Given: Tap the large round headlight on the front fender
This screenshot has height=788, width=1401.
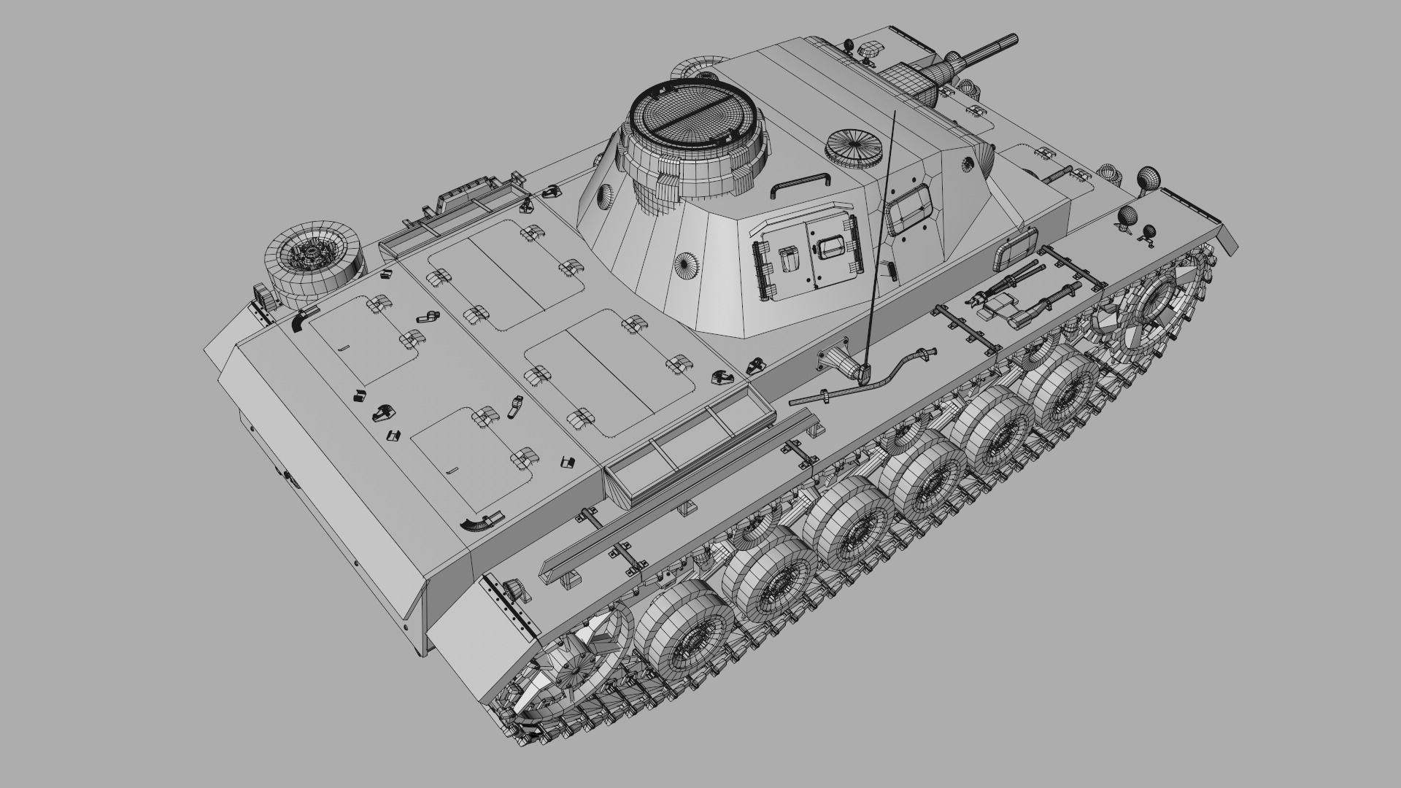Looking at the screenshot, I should point(1148,178).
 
